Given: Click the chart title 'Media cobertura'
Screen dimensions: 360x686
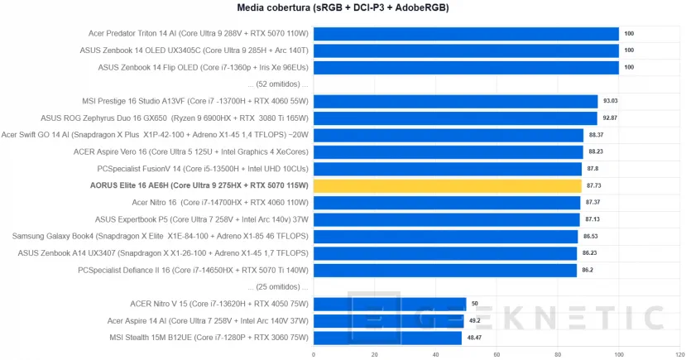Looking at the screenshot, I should [x=343, y=9].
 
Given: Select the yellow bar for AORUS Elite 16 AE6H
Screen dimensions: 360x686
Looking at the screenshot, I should [x=448, y=185].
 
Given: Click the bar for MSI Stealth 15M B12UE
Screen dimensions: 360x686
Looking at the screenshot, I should [x=387, y=338].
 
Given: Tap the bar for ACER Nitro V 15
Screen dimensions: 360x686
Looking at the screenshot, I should [x=390, y=304].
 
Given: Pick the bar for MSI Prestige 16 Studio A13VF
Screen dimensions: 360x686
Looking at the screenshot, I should [x=455, y=101].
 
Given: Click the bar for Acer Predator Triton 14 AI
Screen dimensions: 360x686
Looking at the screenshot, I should [x=466, y=34].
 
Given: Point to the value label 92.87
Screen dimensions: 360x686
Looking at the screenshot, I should [x=610, y=118].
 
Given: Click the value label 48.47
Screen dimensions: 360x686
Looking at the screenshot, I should [x=474, y=338].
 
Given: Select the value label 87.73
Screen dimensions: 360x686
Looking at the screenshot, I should [x=594, y=185].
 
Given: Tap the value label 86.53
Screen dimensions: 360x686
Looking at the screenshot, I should [x=591, y=237].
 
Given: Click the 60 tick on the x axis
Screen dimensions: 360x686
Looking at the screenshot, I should [x=497, y=354].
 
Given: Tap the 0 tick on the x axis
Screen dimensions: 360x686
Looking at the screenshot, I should [x=313, y=354].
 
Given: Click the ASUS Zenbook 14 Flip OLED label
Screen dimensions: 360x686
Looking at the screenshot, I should [x=203, y=68].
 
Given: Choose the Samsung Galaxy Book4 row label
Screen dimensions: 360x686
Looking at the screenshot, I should [x=161, y=237].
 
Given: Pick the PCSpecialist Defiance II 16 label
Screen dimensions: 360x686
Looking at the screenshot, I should [x=193, y=270].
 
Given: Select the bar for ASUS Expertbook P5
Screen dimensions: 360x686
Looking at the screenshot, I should [x=446, y=219].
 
